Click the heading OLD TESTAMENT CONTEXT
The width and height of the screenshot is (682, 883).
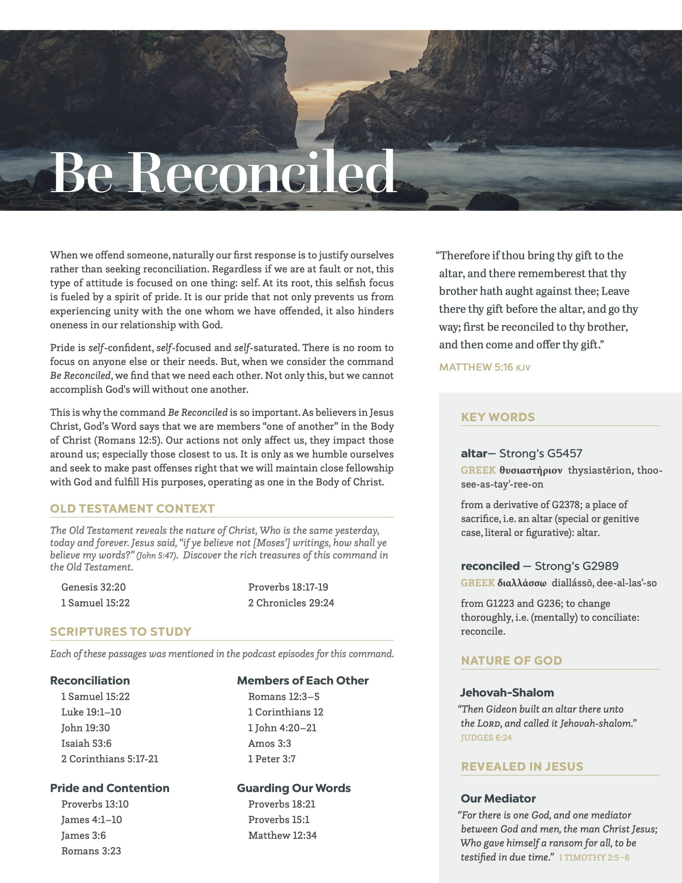tap(132, 509)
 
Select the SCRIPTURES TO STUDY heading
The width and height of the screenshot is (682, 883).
tap(120, 632)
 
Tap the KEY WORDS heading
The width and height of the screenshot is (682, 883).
tap(498, 417)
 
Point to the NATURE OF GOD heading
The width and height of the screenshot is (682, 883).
tap(511, 661)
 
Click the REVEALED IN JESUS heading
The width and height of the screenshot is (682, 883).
tap(522, 766)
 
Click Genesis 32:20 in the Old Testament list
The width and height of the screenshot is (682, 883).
tap(93, 587)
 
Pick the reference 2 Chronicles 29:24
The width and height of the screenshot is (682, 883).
tap(291, 603)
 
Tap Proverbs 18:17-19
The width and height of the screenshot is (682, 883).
tap(288, 587)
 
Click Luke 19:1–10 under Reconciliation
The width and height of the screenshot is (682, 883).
tap(91, 712)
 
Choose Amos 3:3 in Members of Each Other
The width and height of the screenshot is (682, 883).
tap(269, 743)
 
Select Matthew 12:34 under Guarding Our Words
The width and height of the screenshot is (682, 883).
tap(282, 835)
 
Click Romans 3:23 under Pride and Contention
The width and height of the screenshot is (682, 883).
tap(91, 851)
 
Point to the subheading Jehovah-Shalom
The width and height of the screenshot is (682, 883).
tap(507, 693)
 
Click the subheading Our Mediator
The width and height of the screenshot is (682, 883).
tap(498, 798)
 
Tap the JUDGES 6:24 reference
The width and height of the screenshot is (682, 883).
tap(486, 738)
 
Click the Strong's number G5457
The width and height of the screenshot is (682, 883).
tap(564, 454)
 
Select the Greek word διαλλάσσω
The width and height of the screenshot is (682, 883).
tap(522, 583)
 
